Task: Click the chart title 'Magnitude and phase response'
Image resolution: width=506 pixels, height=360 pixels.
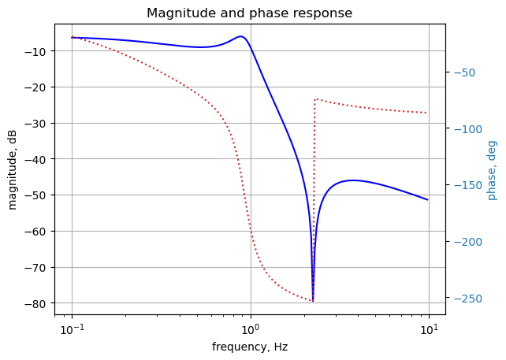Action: pos(249,13)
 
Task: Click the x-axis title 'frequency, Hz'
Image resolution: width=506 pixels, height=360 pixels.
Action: pos(249,347)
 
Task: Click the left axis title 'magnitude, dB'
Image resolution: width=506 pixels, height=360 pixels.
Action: pos(13,169)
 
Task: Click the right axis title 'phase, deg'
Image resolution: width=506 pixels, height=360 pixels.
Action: pos(492,169)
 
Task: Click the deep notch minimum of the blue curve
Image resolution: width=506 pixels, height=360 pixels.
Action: pos(313,300)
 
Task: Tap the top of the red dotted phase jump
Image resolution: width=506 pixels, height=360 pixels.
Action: pos(315,99)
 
